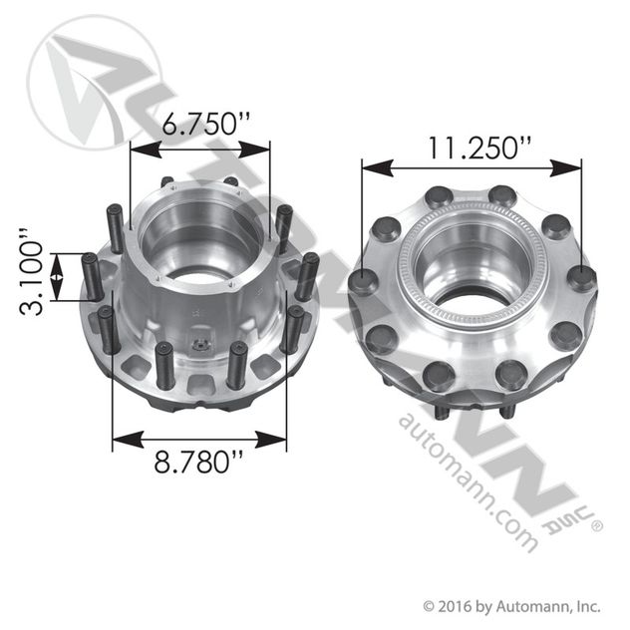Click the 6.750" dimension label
click(x=200, y=125)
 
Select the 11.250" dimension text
click(x=472, y=149)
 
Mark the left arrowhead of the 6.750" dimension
click(x=138, y=149)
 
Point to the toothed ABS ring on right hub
click(x=409, y=289)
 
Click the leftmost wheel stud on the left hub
click(x=91, y=276)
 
